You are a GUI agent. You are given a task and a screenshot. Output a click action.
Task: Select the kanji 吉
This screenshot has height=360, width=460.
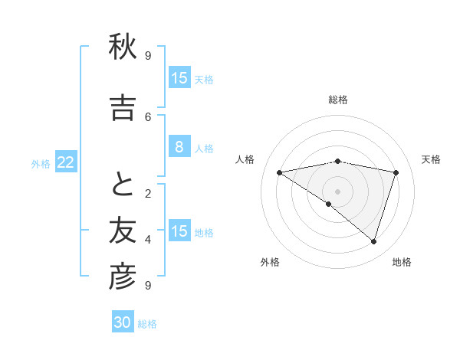point(122,108)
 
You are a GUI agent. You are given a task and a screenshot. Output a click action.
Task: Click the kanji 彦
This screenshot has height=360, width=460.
point(122,277)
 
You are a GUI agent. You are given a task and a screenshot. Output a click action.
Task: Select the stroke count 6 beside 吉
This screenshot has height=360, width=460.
point(147,116)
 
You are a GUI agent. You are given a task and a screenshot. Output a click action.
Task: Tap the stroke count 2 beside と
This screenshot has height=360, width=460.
point(147,193)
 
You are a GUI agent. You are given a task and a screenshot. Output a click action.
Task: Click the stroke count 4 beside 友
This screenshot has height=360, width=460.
point(147,239)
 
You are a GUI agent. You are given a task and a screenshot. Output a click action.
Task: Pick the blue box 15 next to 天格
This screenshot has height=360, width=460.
point(179,78)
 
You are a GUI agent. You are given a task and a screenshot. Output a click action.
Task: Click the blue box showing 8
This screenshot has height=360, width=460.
point(179,147)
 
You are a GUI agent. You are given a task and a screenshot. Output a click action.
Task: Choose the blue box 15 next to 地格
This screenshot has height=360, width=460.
point(179,231)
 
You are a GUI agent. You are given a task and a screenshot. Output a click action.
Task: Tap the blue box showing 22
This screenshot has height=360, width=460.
point(66,162)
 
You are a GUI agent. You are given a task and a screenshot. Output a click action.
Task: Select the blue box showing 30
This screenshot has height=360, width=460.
point(123,322)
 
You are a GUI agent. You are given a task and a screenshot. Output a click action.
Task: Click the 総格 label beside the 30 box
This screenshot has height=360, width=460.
point(147,324)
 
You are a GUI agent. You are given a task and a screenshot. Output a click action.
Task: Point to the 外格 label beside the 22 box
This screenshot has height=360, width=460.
point(41,163)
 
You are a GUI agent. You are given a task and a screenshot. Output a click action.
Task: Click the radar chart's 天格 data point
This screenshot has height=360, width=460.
point(396,172)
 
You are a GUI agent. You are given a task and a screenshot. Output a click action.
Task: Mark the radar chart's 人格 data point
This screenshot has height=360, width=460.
point(279,172)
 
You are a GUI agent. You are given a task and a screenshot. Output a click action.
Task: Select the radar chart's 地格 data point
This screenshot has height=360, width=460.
point(373,241)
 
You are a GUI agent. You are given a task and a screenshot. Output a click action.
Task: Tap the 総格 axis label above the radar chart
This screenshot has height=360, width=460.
point(337,100)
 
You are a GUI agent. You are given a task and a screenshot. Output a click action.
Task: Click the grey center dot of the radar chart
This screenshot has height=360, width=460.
point(337,191)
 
